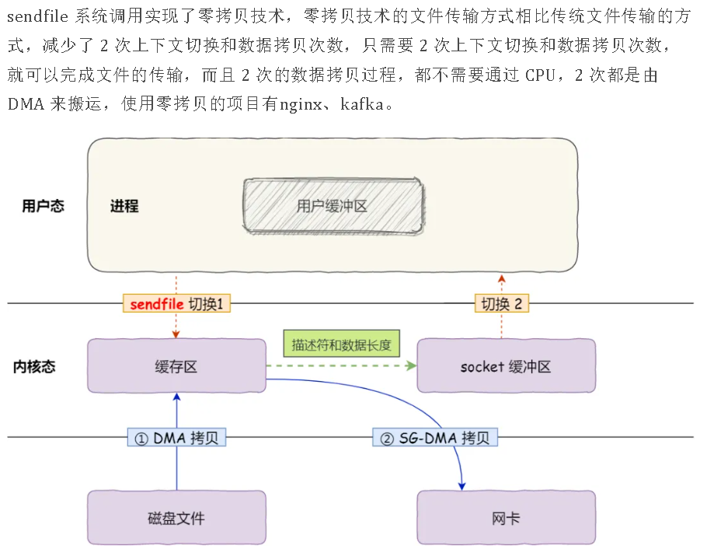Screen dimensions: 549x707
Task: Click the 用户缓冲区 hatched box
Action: [333, 205]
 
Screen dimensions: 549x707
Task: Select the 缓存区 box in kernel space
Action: [176, 365]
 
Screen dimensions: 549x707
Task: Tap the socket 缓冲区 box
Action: [506, 365]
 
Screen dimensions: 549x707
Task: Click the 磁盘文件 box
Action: [176, 517]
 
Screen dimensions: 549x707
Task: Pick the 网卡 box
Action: [506, 517]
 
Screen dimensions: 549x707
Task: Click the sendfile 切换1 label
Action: [177, 303]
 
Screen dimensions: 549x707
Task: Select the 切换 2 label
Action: [501, 303]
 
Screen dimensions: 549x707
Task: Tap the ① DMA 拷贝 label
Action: [176, 438]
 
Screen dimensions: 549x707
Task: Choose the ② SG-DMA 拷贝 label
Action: [435, 438]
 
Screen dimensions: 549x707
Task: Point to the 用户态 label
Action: [43, 206]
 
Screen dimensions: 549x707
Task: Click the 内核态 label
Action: [34, 366]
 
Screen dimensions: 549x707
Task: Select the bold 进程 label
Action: [124, 206]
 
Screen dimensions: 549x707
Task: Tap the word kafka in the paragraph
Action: [362, 103]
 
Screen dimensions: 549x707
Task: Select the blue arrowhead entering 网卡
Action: [461, 485]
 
